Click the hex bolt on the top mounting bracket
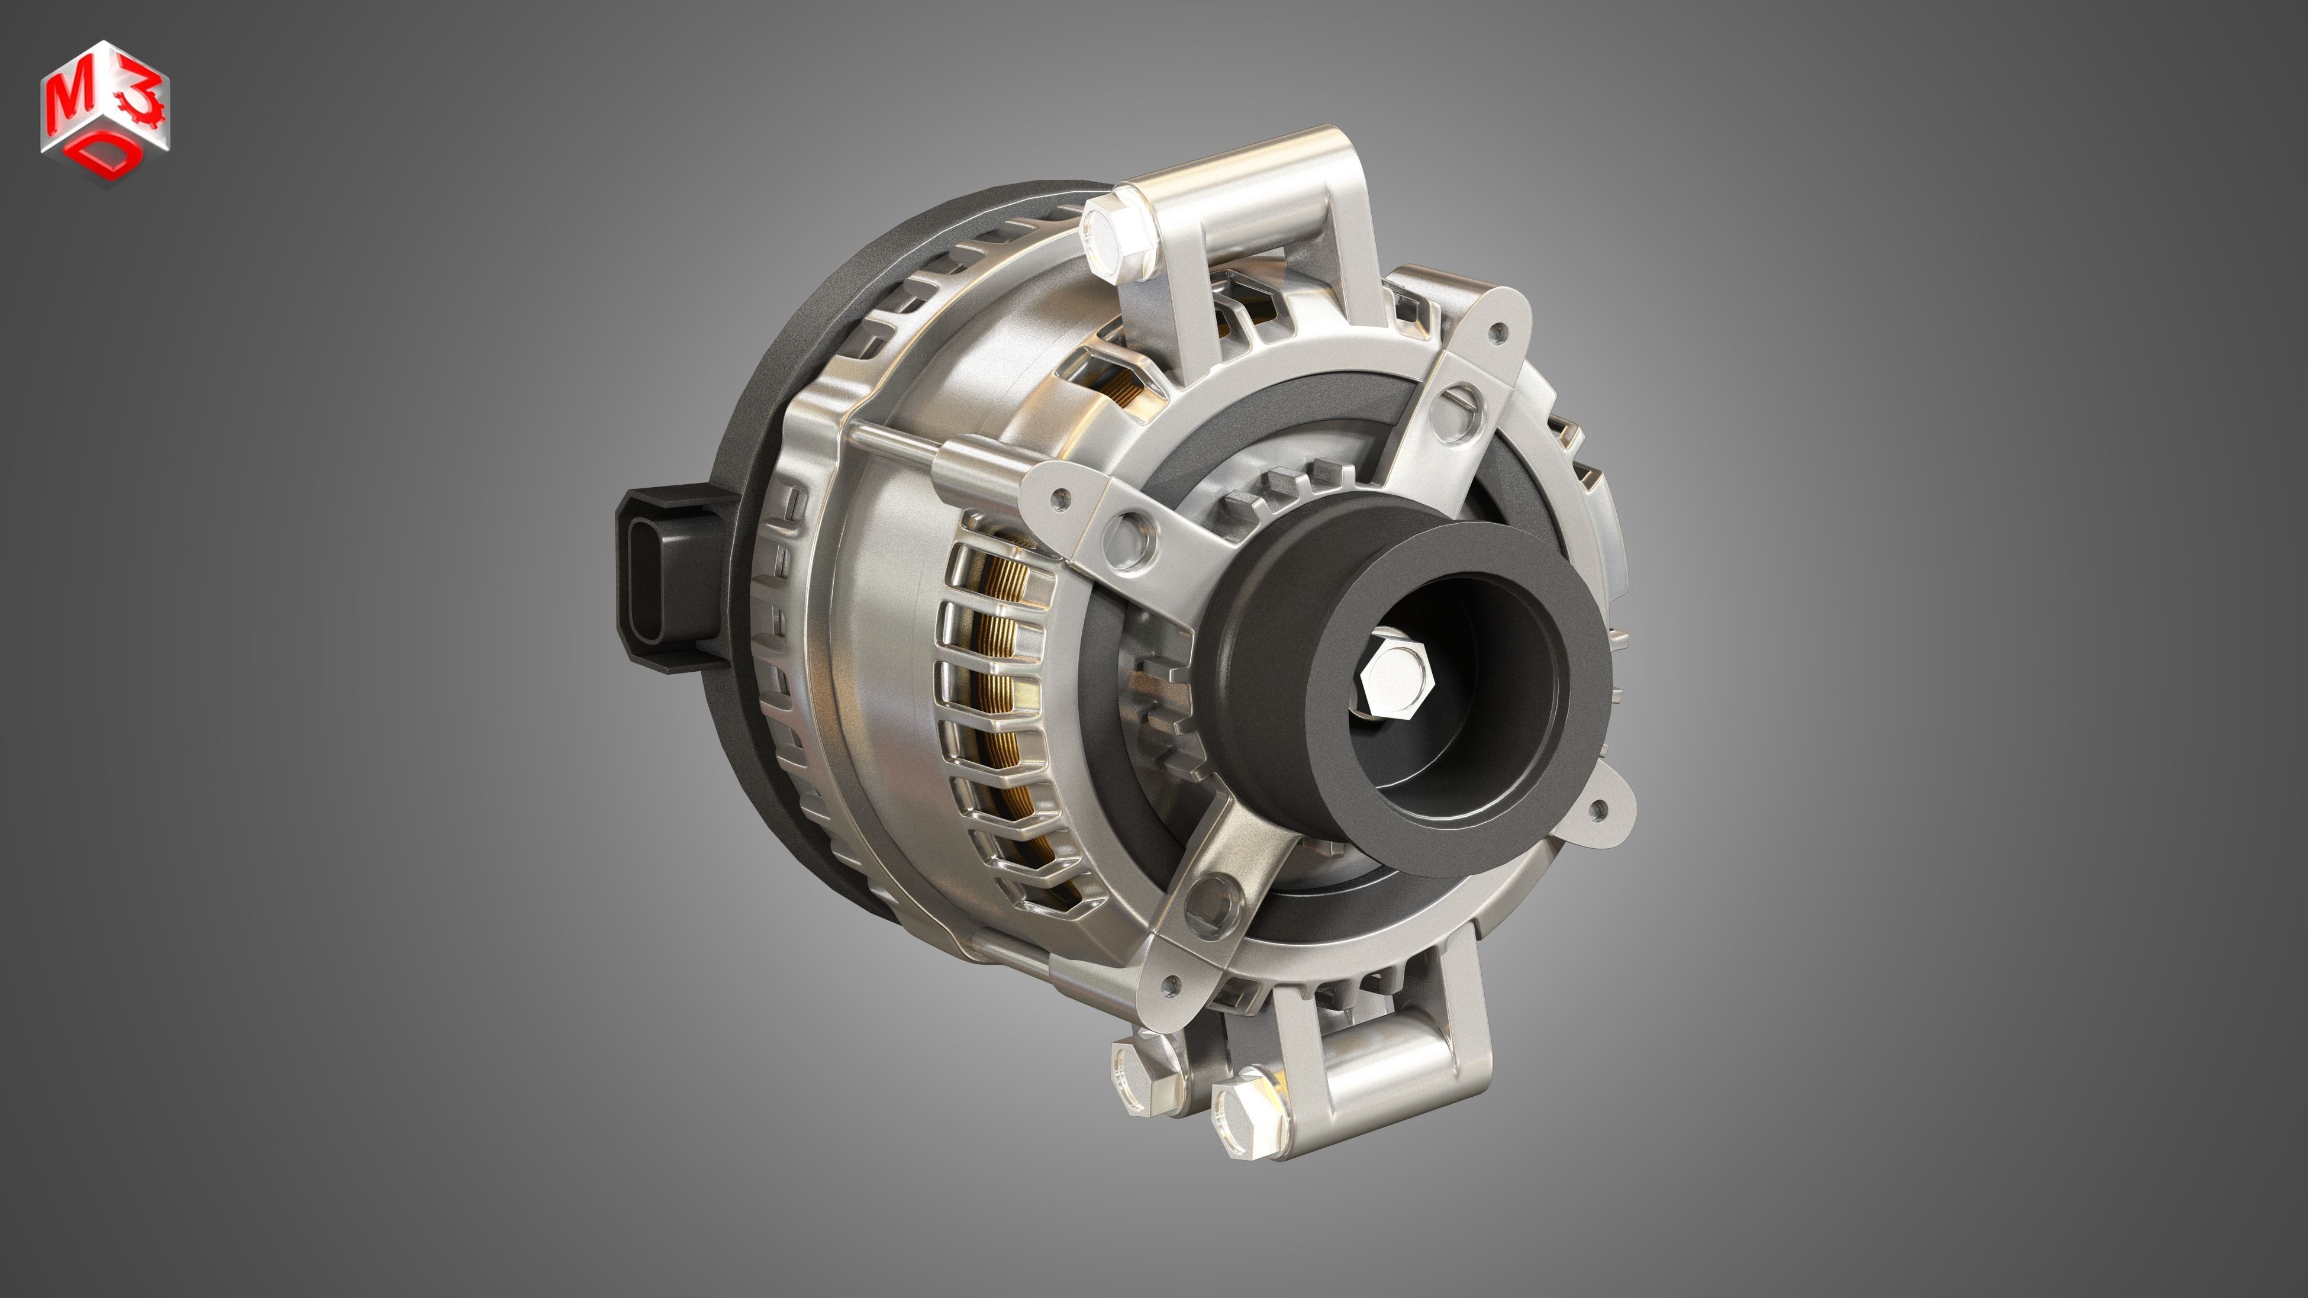coord(1118,236)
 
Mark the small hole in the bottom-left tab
coord(1168,989)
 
